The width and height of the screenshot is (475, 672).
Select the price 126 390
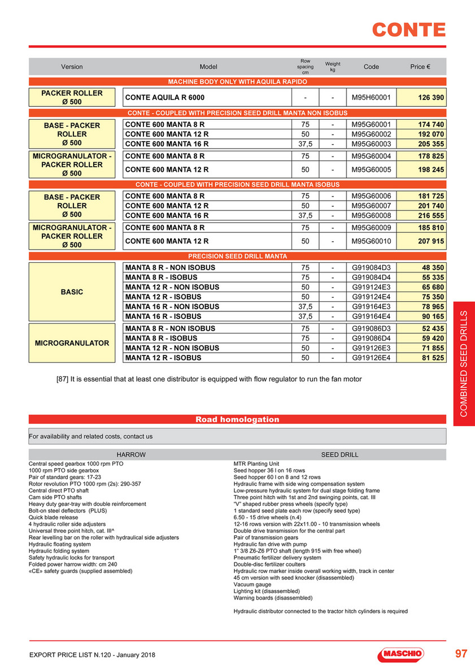tap(431, 98)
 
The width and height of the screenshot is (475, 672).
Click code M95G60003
tap(371, 144)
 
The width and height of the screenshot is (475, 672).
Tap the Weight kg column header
tap(333, 67)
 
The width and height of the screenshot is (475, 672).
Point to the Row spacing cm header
tap(306, 67)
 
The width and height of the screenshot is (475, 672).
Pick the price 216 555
tap(431, 215)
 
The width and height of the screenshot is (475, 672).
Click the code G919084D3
tap(371, 267)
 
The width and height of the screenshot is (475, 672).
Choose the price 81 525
tap(431, 358)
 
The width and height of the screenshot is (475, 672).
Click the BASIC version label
tap(72, 292)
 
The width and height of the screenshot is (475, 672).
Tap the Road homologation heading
tap(237, 419)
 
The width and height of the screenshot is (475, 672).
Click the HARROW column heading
tap(130, 454)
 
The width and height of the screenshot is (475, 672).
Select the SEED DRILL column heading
tap(339, 454)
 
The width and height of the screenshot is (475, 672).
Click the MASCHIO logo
tap(400, 654)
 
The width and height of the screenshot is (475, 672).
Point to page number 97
tap(461, 654)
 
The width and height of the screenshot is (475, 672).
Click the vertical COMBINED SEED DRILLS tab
tap(464, 364)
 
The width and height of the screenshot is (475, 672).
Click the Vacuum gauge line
tap(252, 584)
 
